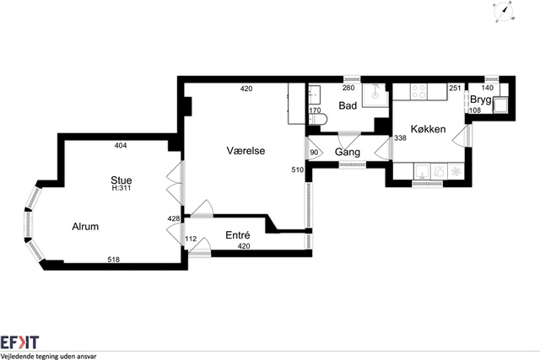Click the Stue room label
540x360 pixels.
click(121, 180)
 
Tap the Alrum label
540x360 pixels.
click(85, 227)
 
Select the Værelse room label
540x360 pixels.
click(246, 150)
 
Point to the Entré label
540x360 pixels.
click(238, 235)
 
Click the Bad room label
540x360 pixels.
click(348, 105)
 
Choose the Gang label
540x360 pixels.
click(348, 152)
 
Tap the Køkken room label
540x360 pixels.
click(428, 129)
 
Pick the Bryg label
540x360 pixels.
click(481, 99)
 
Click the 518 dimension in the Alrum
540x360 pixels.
click(114, 260)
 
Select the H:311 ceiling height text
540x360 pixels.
click(121, 188)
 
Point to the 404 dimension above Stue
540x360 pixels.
click(121, 146)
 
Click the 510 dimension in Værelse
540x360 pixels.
click(298, 169)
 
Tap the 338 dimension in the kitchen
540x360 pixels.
click(400, 138)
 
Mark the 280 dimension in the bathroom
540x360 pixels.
click(348, 88)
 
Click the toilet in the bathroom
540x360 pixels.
click(318, 120)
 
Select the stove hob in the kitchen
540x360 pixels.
click(418, 92)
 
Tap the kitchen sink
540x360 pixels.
click(422, 171)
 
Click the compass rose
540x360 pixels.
click(504, 12)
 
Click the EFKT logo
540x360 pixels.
click(19, 343)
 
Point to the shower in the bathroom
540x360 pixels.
click(375, 94)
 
